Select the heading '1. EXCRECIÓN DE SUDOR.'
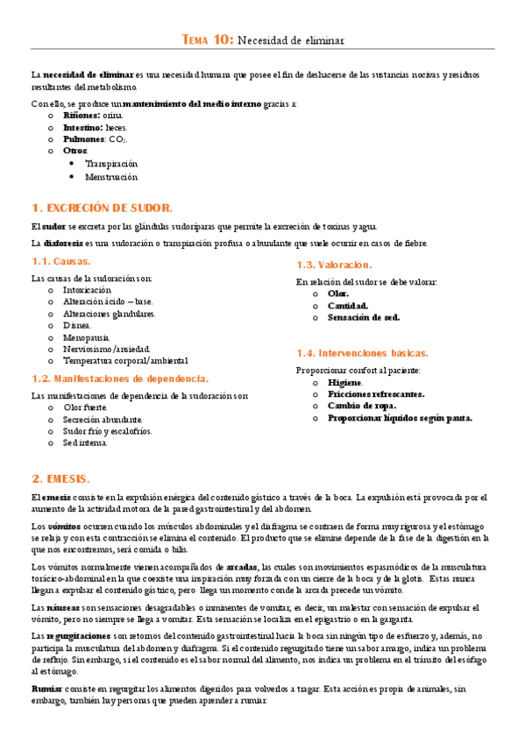click(x=102, y=208)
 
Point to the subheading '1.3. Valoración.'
click(x=334, y=265)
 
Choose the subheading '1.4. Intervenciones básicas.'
click(x=362, y=353)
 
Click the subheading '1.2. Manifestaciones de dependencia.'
click(x=120, y=379)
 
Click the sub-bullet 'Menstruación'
click(x=111, y=176)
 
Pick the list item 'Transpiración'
click(x=111, y=164)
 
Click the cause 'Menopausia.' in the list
click(x=87, y=336)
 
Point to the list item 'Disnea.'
click(x=77, y=325)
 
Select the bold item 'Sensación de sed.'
click(x=364, y=318)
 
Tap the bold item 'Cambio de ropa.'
click(x=361, y=406)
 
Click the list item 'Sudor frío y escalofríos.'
click(x=107, y=431)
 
